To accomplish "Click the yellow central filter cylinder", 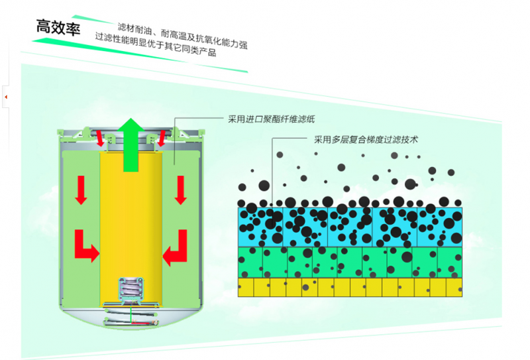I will [x=131, y=219].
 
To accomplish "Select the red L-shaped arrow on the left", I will [x=86, y=246].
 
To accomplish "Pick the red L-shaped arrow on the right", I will [x=176, y=247].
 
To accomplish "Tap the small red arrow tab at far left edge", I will [x=5, y=97].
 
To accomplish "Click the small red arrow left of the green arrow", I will [x=100, y=139].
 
